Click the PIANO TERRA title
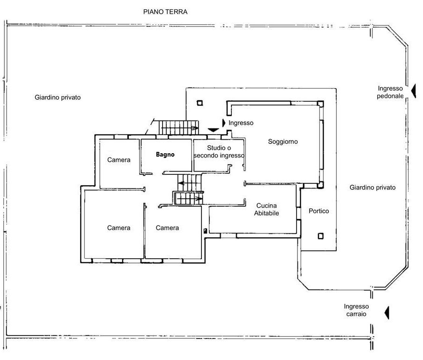[165, 12]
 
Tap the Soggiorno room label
[283, 142]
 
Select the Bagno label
[165, 155]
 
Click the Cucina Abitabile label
[267, 210]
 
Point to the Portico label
[319, 211]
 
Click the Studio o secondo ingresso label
[219, 152]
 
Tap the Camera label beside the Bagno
[119, 160]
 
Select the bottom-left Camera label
[119, 228]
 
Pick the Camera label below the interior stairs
[167, 228]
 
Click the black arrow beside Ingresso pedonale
[414, 91]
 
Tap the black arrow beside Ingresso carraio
[387, 313]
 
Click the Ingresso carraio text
[356, 310]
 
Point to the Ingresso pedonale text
[390, 92]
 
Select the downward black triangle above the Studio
[213, 130]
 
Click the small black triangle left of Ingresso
[223, 123]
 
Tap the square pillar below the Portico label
[320, 236]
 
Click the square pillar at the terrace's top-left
[200, 103]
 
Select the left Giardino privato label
[58, 97]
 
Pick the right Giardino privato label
[372, 187]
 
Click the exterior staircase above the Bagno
[178, 127]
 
